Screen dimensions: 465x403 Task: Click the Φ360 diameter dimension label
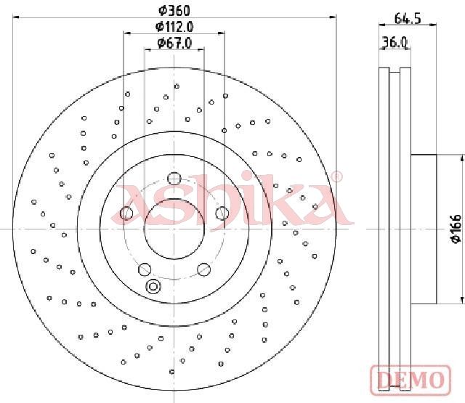[174, 11]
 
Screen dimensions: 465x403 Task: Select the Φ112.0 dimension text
[174, 27]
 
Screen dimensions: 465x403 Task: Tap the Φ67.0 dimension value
[174, 44]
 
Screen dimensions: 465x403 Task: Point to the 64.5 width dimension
[408, 18]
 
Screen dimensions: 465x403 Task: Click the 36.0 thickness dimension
[395, 42]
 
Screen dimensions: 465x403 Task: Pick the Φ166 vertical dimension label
[456, 229]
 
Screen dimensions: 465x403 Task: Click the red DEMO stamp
[411, 380]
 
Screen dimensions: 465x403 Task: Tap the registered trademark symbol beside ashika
[336, 177]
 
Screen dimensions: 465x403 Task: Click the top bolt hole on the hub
[174, 179]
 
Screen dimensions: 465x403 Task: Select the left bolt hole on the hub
[126, 213]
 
